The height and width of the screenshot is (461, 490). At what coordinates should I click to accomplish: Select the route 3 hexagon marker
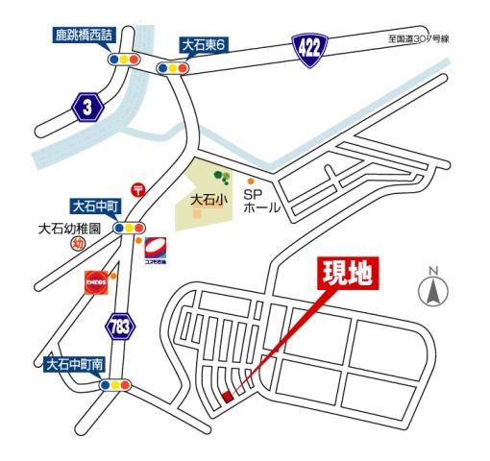[x=87, y=108]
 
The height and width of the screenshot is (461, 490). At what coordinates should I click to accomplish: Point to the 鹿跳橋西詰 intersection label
[x=85, y=36]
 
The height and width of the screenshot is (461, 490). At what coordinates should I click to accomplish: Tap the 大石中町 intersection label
[x=95, y=205]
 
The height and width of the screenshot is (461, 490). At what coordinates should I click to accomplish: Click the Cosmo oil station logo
[x=156, y=252]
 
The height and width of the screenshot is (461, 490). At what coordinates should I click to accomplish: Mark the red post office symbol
[x=139, y=190]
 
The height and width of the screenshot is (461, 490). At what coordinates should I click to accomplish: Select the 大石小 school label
[x=208, y=202]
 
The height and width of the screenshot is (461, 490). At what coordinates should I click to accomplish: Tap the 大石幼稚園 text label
[x=68, y=229]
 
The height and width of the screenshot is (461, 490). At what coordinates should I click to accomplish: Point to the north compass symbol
[x=433, y=288]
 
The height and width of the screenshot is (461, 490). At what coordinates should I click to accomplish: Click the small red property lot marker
[x=228, y=396]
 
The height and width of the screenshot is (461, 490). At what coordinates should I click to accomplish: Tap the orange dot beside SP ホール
[x=251, y=182]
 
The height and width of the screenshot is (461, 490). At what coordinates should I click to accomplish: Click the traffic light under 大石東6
[x=175, y=68]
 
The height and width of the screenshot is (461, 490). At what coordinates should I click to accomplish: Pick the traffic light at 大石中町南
[x=114, y=385]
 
